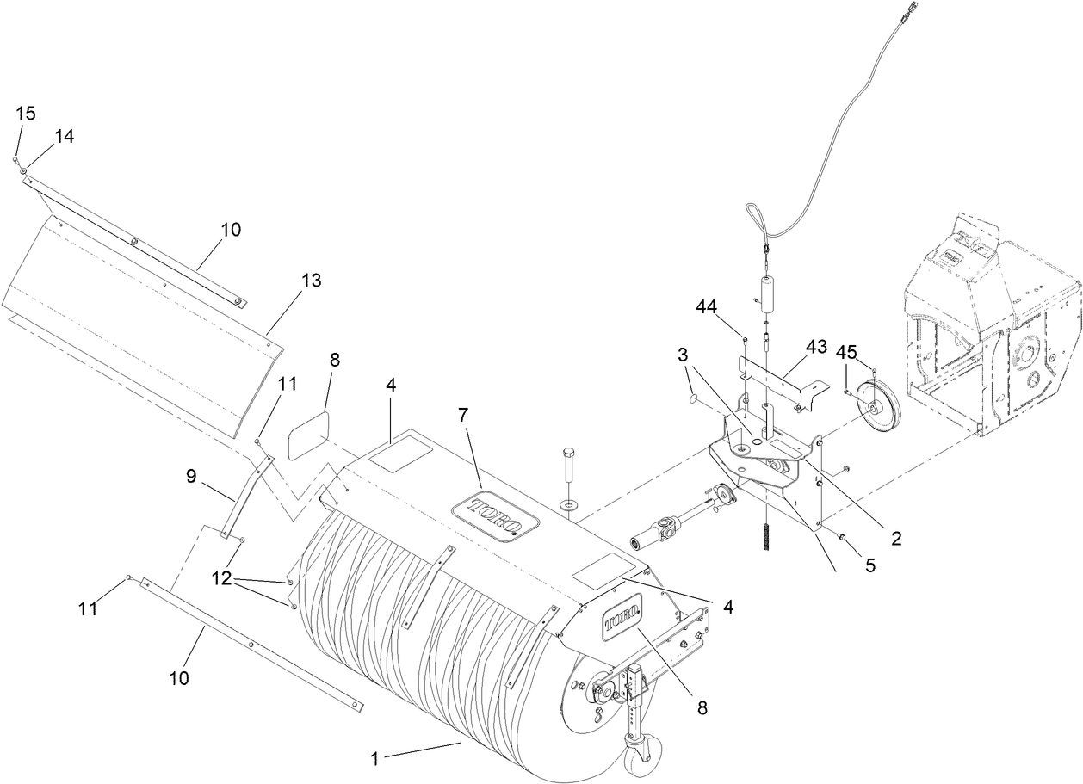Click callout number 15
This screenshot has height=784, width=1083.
(x=26, y=114)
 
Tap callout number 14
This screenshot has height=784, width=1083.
(x=65, y=136)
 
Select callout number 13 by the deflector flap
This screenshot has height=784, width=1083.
(x=310, y=280)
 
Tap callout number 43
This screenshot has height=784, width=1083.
(x=815, y=346)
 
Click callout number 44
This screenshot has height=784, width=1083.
(x=708, y=307)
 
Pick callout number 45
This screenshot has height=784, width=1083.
(x=847, y=351)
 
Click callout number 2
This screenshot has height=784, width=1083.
(x=895, y=539)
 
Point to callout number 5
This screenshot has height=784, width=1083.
(x=870, y=565)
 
